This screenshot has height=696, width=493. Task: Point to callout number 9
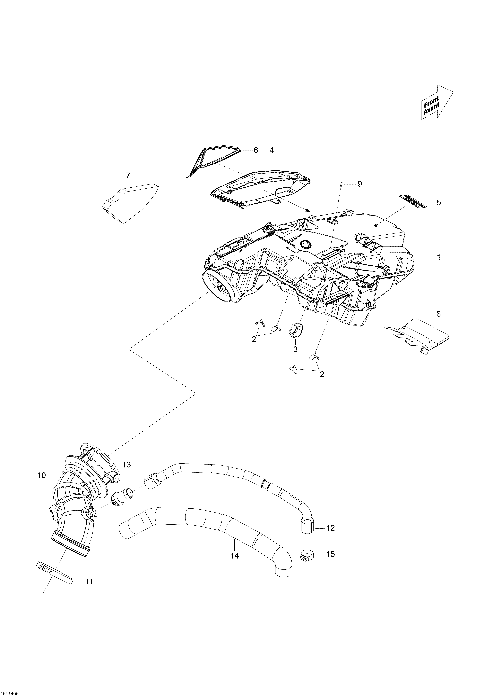(x=359, y=184)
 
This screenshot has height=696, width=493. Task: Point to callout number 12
(x=330, y=528)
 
